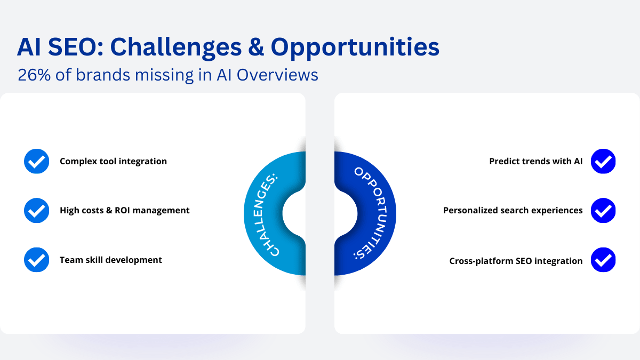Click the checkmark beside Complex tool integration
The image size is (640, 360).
point(37,161)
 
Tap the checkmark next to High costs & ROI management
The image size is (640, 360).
point(37,210)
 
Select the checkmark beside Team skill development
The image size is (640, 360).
point(37,260)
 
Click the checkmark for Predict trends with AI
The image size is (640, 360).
point(603,161)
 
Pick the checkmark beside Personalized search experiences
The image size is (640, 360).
point(603,210)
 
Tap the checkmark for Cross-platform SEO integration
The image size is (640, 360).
point(603,260)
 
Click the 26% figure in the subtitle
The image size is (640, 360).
point(34,75)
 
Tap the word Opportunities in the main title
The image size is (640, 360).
point(355,49)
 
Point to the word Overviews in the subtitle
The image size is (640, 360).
point(277,75)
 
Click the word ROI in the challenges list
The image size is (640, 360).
point(123,210)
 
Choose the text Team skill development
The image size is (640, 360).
point(111,260)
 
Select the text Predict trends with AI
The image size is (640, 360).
point(536,161)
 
